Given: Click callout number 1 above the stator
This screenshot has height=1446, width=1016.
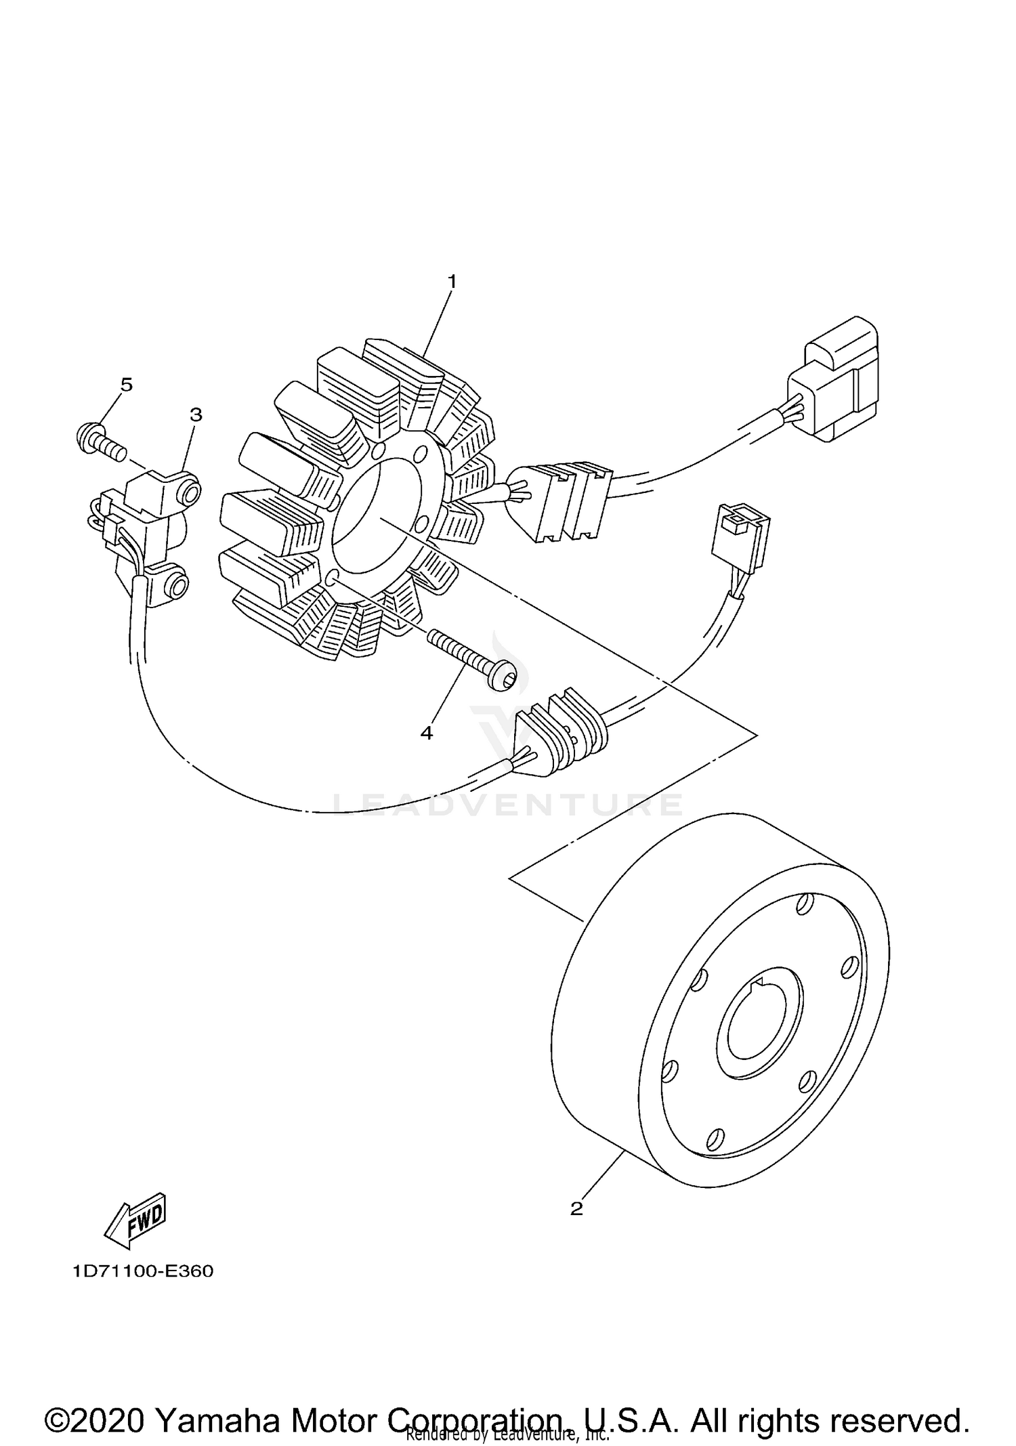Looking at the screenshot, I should (x=452, y=281).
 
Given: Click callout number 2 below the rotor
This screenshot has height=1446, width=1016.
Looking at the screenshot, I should (x=576, y=1208).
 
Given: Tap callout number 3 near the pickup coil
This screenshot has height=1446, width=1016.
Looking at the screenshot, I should (x=196, y=414).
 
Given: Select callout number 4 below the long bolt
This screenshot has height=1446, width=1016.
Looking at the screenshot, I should (x=426, y=733).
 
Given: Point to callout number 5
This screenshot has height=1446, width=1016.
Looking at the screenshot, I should (x=126, y=385).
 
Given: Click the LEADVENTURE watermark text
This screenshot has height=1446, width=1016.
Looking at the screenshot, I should (x=508, y=804).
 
